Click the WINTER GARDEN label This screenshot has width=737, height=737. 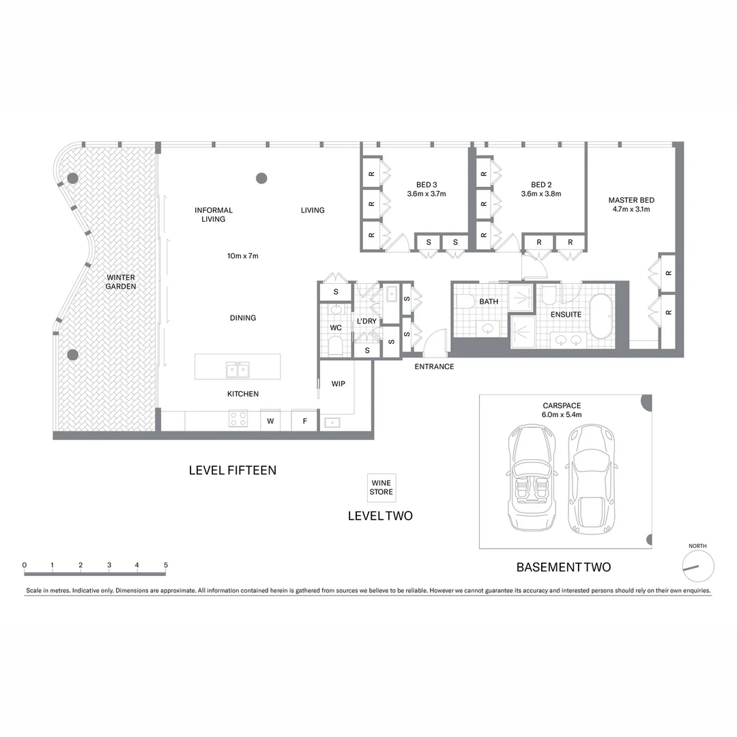pos(121,282)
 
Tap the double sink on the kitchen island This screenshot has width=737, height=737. pos(237,370)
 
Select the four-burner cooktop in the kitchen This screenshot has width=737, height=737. pos(238,418)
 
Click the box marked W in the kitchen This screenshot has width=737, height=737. pos(270,421)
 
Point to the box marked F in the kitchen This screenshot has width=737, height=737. pos(305,421)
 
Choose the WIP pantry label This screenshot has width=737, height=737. pos(338,384)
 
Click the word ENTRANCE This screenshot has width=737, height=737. pos(434,366)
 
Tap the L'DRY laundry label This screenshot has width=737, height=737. pos(366,321)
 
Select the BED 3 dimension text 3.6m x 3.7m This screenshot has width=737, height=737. pos(426,194)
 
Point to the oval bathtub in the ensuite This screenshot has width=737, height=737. pos(601,317)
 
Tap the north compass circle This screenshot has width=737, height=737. pos(698,566)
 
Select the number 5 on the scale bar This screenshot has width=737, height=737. pos(165,565)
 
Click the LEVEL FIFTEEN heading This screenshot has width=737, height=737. pos(232,470)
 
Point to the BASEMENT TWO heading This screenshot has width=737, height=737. pos(563,567)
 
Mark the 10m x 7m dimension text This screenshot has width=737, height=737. pos(242,256)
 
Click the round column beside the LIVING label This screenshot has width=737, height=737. pos(261,179)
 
